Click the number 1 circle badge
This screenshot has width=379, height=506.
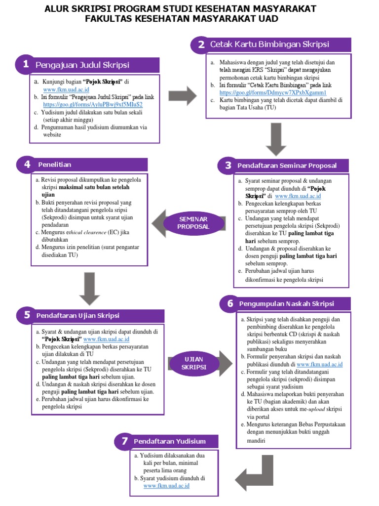click(x=25, y=64)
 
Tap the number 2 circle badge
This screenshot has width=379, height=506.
click(x=200, y=44)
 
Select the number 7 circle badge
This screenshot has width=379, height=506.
click(x=123, y=441)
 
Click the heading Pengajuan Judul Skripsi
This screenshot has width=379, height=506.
click(x=82, y=65)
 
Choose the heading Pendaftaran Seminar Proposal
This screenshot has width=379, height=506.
click(x=287, y=166)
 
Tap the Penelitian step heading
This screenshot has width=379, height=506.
click(x=55, y=165)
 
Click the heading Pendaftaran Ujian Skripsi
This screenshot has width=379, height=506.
click(x=85, y=315)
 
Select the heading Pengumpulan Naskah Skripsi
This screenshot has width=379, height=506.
click(x=287, y=303)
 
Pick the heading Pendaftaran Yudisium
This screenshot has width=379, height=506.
click(x=169, y=441)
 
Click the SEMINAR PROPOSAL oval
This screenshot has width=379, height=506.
click(x=193, y=222)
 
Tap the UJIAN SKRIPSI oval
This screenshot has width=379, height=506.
click(x=193, y=363)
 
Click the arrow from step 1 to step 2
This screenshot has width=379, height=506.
click(x=182, y=95)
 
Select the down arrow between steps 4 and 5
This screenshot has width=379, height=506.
click(x=89, y=289)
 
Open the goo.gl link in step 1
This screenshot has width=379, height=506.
click(x=93, y=105)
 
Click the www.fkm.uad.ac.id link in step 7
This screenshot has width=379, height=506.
click(x=166, y=486)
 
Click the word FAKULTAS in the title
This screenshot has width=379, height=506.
click(x=113, y=19)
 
